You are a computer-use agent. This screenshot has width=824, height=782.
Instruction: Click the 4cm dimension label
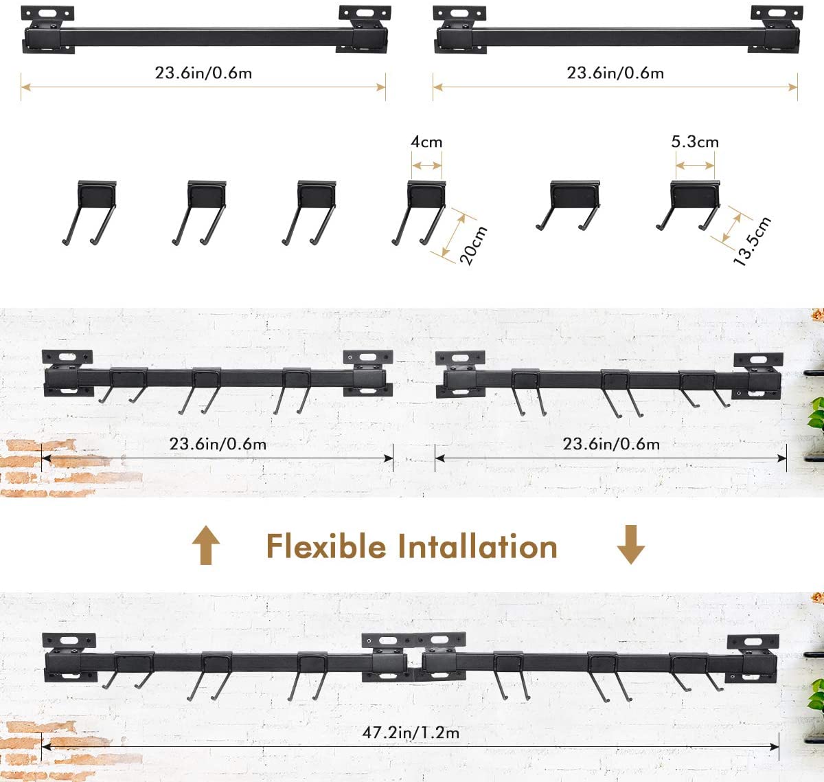[x=426, y=142]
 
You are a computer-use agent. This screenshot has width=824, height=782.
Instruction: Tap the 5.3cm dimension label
[x=694, y=142]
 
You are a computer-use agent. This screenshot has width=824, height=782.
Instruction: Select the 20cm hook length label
[x=473, y=245]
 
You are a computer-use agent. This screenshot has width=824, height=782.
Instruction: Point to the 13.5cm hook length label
[x=752, y=241]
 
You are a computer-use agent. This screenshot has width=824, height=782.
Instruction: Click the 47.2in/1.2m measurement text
[x=411, y=733]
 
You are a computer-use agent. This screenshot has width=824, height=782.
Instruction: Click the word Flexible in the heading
[x=325, y=547]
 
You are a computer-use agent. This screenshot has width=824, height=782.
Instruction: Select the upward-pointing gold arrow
[x=206, y=545]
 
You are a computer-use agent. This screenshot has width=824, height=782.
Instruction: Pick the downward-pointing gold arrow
[x=630, y=545]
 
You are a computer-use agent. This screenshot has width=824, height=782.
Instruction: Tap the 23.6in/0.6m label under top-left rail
[x=203, y=73]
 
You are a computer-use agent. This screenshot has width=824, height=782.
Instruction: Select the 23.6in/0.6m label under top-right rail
[x=615, y=73]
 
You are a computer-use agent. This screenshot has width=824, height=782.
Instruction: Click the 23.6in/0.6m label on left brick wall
[x=218, y=444]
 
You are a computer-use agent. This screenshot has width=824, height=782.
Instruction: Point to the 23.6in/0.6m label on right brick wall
[x=611, y=444]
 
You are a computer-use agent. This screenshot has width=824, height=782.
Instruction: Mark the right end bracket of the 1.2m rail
[x=753, y=656]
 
